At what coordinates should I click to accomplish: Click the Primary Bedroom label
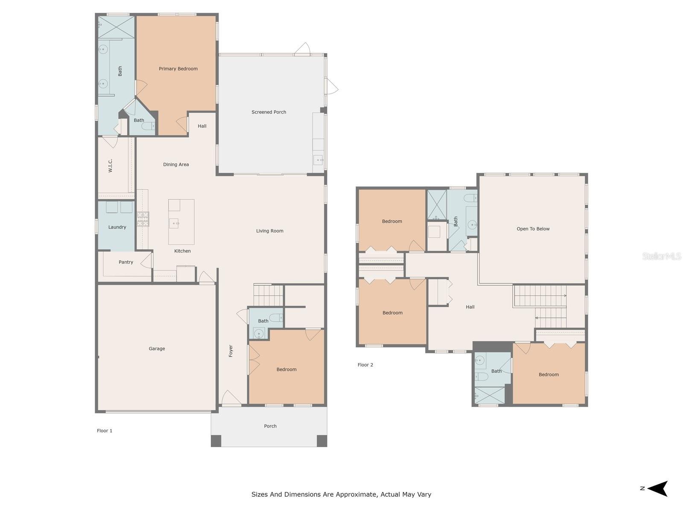pyautogui.click(x=178, y=69)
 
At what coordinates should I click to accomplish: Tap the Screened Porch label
pyautogui.click(x=269, y=112)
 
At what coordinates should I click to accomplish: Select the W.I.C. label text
pyautogui.click(x=111, y=166)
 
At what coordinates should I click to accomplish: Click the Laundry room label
pyautogui.click(x=117, y=227)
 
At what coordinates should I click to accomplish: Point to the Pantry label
pyautogui.click(x=126, y=262)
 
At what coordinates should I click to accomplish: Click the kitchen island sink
pyautogui.click(x=174, y=223)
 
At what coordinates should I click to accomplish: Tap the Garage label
pyautogui.click(x=157, y=349)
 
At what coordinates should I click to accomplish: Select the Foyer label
pyautogui.click(x=231, y=351)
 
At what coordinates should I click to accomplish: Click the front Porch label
pyautogui.click(x=270, y=426)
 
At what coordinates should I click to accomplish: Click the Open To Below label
pyautogui.click(x=533, y=229)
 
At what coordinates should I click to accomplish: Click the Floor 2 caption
pyautogui.click(x=365, y=365)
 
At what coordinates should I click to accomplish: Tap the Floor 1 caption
pyautogui.click(x=105, y=431)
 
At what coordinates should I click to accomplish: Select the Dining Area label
pyautogui.click(x=176, y=165)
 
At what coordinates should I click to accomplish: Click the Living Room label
pyautogui.click(x=269, y=231)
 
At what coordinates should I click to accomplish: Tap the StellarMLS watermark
pyautogui.click(x=661, y=256)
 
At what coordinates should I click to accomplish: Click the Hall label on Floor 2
pyautogui.click(x=470, y=307)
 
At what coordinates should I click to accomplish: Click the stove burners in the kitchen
pyautogui.click(x=143, y=219)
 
